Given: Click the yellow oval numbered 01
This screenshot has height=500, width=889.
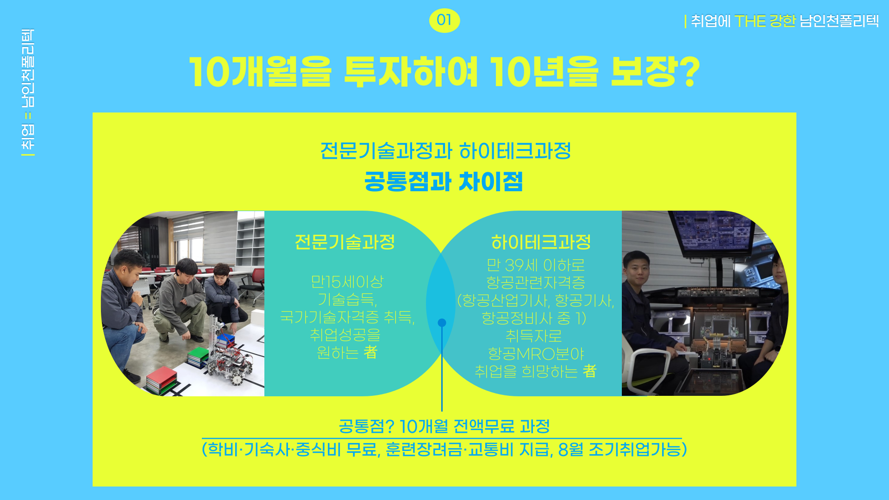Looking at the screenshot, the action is pos(444,20).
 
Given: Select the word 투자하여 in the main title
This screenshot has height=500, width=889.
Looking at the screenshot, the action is pos(411,72).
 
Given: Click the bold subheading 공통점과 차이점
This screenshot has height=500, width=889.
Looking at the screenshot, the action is pos(444,181).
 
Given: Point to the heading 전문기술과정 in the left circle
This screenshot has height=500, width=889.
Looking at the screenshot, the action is pos(345,242).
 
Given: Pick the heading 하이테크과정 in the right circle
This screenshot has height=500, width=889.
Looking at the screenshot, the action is pos(541,242).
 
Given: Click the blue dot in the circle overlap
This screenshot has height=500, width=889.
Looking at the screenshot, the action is pos(442,323).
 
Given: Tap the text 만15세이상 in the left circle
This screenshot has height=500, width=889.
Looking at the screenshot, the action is pos(347,281).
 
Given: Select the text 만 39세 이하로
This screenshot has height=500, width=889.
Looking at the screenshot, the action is pos(536,265).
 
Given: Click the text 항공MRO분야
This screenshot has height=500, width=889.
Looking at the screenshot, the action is pos(536,354).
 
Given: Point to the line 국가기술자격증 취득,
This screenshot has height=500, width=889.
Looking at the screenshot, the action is pos(347,317).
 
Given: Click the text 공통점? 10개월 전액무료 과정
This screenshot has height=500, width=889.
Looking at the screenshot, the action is pos(444,426).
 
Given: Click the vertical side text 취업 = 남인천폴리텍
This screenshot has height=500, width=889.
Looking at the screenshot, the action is pos(28,92).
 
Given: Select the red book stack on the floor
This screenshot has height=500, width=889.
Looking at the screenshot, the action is pos(162,380).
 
